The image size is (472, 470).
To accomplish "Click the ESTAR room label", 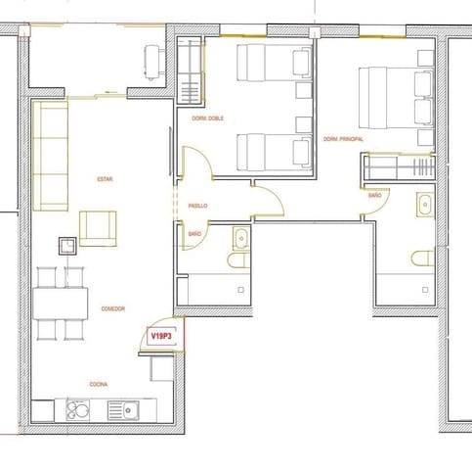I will click(105, 179).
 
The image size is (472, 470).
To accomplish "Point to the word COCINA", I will click(98, 385).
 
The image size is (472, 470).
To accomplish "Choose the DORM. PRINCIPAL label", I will click(344, 140).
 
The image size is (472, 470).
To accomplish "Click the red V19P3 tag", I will click(160, 336).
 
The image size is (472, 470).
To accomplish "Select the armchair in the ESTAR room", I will click(98, 227).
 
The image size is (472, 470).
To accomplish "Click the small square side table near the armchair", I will click(67, 246).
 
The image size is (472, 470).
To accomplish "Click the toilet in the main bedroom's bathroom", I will click(422, 258).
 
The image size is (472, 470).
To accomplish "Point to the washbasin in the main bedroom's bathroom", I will click(424, 206).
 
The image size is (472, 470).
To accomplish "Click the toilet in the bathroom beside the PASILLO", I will click(238, 261).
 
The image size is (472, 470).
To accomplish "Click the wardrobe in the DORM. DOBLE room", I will click(191, 75).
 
